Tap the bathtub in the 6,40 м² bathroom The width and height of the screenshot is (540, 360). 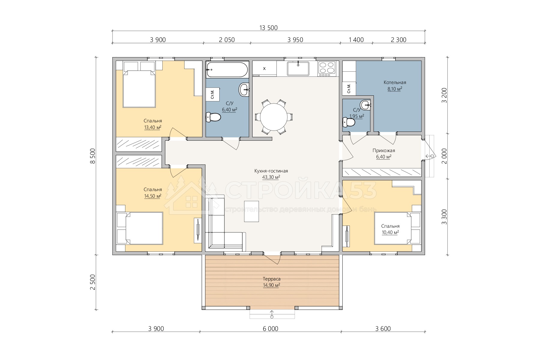click(x=227, y=70)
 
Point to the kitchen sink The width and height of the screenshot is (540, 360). click(x=298, y=68)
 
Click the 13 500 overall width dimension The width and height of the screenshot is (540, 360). click(x=268, y=28)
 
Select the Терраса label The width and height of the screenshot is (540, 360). click(x=271, y=279)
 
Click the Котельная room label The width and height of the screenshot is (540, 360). click(x=395, y=82)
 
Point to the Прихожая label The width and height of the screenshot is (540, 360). click(x=384, y=151)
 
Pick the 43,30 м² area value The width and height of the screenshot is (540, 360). click(x=271, y=177)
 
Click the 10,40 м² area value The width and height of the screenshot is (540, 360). click(x=390, y=232)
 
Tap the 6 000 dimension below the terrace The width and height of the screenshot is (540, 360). click(x=271, y=329)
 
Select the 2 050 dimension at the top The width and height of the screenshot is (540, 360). click(x=227, y=40)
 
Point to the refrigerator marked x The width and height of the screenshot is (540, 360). click(x=264, y=68)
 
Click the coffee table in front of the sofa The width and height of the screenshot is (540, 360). click(x=251, y=211)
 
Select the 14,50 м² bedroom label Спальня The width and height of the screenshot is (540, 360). click(x=153, y=190)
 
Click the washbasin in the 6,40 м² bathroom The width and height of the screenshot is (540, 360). click(x=244, y=89)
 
